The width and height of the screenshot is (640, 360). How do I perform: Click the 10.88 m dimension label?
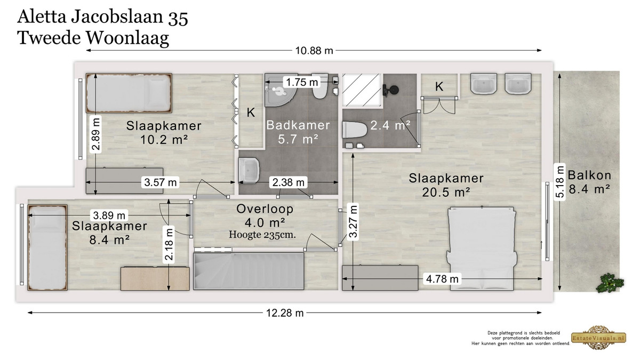pos(314,51)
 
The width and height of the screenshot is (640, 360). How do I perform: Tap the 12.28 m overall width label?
pos(285,313)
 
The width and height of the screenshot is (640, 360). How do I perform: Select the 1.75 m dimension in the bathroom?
pos(302,82)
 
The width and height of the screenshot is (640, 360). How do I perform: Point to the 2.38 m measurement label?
pos(289,182)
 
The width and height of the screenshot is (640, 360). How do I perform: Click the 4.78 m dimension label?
pos(442,278)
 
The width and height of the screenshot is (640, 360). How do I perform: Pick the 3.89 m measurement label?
pos(109,215)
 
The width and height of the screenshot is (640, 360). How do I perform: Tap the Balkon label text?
pos(589,175)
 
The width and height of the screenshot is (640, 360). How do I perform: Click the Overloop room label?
pos(265,209)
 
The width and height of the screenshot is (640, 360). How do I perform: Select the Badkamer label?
pos(298,125)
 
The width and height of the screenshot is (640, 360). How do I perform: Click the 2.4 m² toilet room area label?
pos(390,125)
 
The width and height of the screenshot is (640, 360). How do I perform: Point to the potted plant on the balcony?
pos(610,283)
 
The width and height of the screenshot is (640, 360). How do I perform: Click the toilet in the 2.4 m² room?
pos(354,130)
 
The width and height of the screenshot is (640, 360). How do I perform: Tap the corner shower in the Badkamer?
pos(281,90)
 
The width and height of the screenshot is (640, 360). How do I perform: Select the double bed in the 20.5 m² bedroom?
pos(482,248)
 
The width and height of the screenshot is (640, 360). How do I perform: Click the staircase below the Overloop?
pos(249,271)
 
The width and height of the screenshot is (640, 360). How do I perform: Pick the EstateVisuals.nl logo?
pos(598,338)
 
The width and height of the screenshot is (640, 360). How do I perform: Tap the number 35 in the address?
pos(178,18)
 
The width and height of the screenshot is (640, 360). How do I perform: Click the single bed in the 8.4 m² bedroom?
pos(47,247)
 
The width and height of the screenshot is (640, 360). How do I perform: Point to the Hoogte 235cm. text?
pos(262,235)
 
